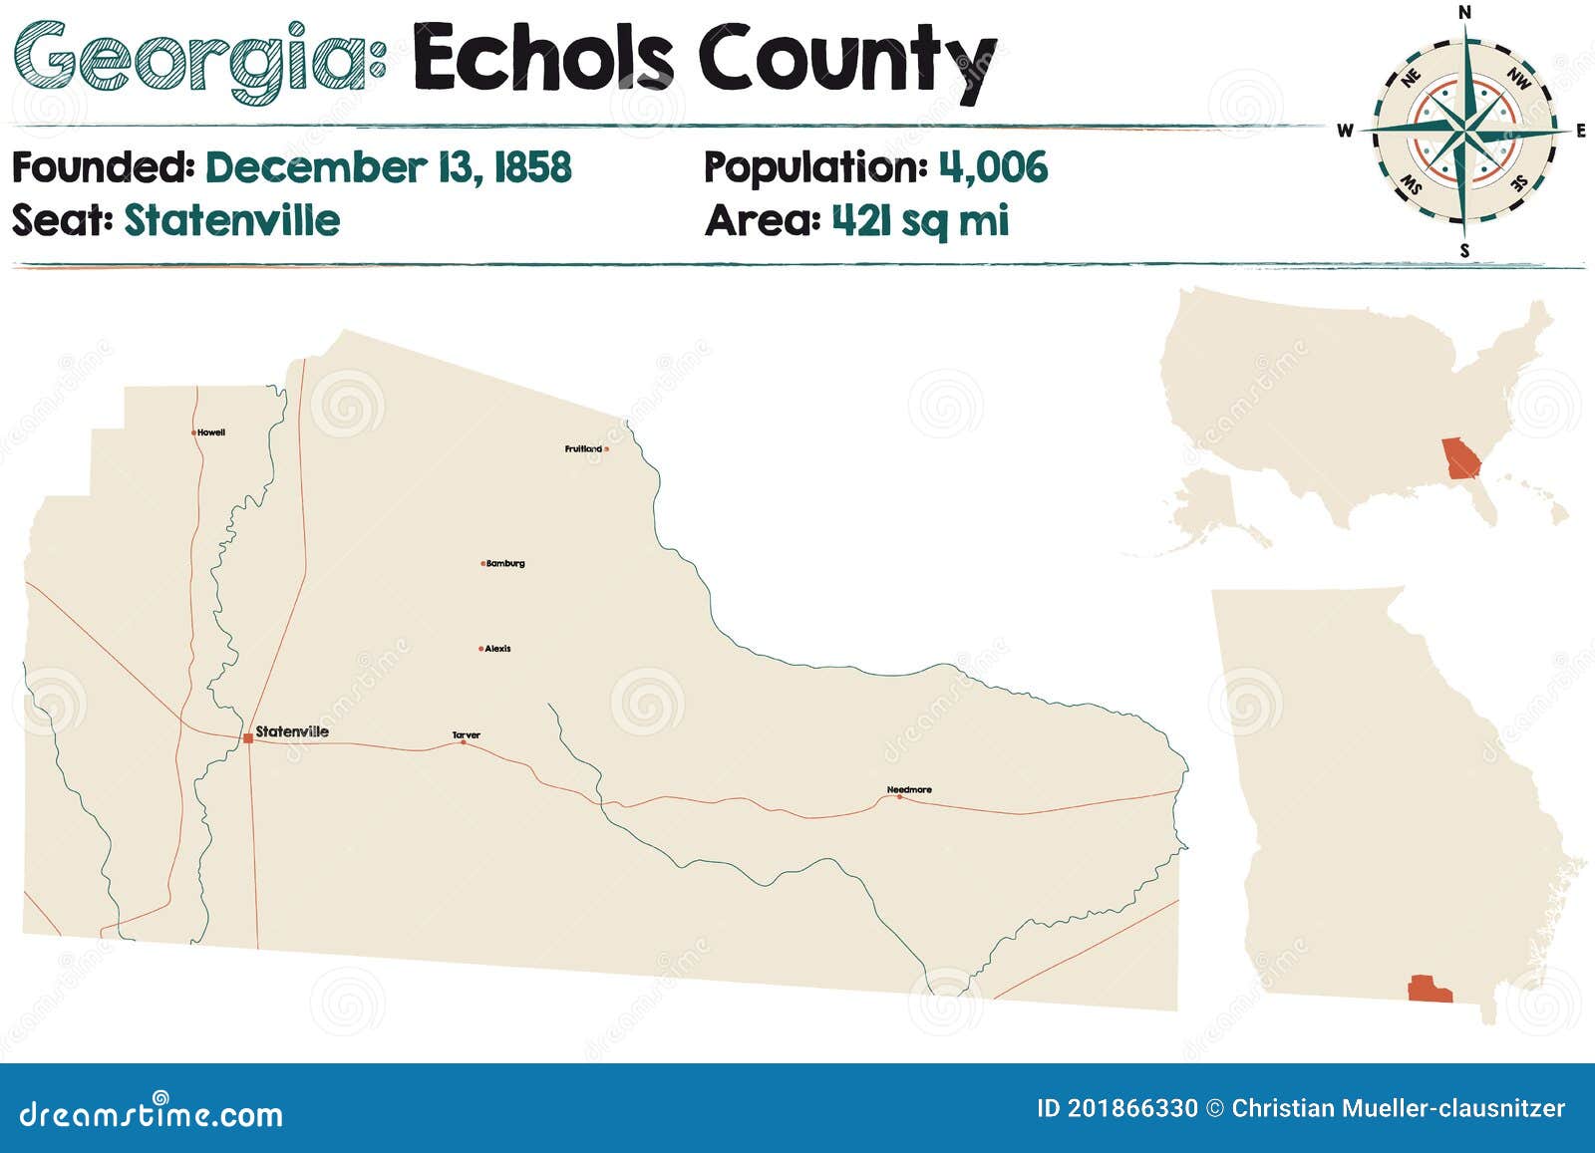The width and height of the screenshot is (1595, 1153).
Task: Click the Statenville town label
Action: pyautogui.click(x=292, y=731)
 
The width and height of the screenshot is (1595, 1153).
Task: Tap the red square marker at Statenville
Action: pyautogui.click(x=247, y=738)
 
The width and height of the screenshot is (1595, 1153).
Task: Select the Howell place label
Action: pyautogui.click(x=211, y=432)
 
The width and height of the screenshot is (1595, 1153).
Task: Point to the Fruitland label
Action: pyautogui.click(x=583, y=449)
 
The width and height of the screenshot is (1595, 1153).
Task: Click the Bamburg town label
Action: pyautogui.click(x=505, y=564)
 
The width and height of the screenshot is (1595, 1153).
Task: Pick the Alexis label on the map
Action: pyautogui.click(x=497, y=649)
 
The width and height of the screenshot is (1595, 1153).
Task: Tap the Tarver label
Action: pyautogui.click(x=467, y=735)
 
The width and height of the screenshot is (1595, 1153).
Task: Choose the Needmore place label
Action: pyautogui.click(x=909, y=790)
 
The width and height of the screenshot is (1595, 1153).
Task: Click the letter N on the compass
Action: pyautogui.click(x=1464, y=12)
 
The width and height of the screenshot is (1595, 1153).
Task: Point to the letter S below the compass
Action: pyautogui.click(x=1464, y=251)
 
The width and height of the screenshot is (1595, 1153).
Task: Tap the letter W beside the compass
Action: pyautogui.click(x=1345, y=131)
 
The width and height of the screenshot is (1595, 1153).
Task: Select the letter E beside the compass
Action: pyautogui.click(x=1581, y=131)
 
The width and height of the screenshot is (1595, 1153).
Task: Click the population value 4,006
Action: pyautogui.click(x=993, y=167)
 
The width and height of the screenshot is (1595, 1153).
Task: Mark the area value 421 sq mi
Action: pyautogui.click(x=920, y=220)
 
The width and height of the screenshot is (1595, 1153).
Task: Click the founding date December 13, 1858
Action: pyautogui.click(x=389, y=167)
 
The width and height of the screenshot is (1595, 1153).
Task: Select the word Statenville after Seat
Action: pyautogui.click(x=231, y=220)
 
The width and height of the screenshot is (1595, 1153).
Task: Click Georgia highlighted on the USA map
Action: pyautogui.click(x=1461, y=458)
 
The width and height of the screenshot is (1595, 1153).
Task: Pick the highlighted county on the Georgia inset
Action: pyautogui.click(x=1430, y=989)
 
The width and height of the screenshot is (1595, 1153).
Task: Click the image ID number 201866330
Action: pyautogui.click(x=1132, y=1108)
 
